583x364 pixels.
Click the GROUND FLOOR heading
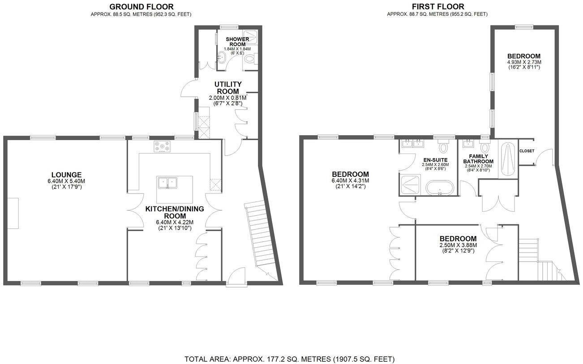click(141, 6)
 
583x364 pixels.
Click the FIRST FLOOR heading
click(437, 6)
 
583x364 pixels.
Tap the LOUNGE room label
click(66, 175)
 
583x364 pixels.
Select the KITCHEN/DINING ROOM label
click(174, 212)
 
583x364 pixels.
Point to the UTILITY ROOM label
click(228, 88)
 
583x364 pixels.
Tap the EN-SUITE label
click(435, 159)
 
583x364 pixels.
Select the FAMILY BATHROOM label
click(478, 158)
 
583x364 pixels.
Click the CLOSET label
click(527, 151)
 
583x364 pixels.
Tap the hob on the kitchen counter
click(162, 146)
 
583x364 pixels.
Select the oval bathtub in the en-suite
click(439, 188)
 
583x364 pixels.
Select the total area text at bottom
click(289, 359)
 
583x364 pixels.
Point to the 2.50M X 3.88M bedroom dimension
click(458, 245)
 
